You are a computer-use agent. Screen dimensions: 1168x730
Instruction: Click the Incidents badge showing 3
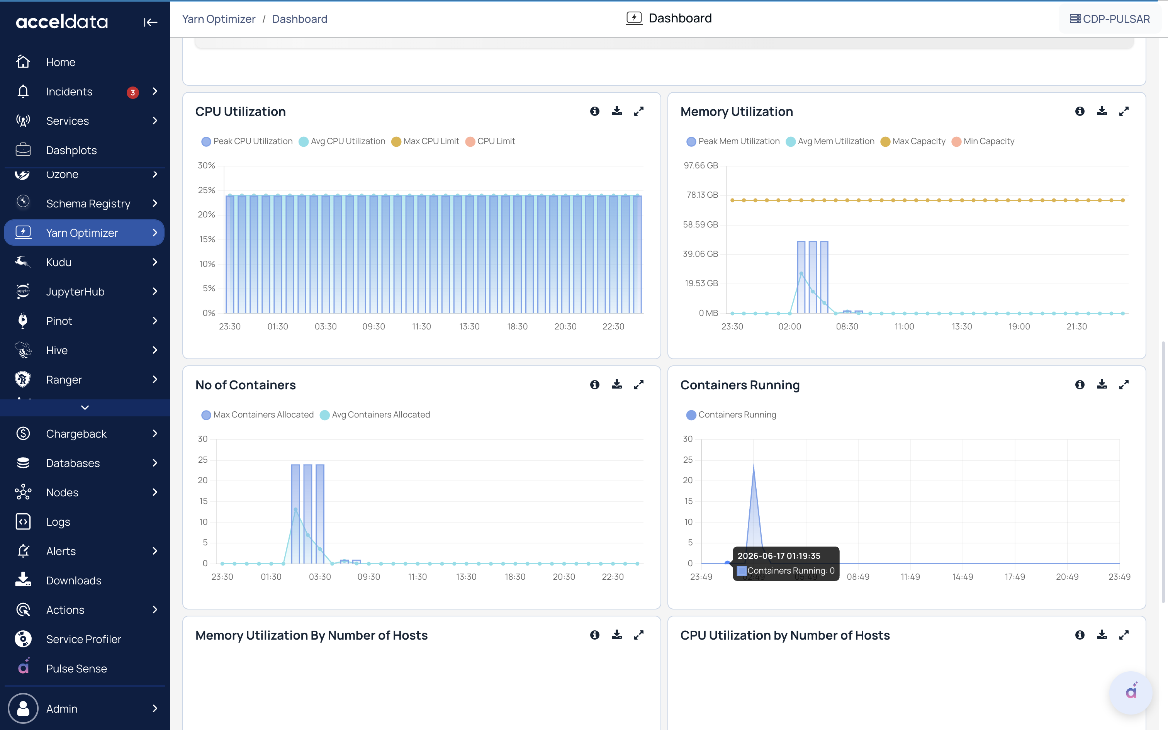pos(133,92)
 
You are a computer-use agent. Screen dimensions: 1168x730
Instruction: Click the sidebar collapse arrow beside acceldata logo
pos(150,22)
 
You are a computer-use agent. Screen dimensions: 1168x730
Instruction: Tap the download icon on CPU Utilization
pos(617,111)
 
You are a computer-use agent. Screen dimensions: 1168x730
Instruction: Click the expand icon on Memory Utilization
pos(1124,111)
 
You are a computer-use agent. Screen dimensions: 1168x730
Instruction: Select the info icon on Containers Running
pos(1080,384)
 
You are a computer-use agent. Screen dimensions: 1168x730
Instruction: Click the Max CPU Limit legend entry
pos(425,141)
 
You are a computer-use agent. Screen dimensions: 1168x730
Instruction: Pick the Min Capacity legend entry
pos(983,141)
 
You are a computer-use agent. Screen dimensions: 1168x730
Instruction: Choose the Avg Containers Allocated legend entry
pos(375,415)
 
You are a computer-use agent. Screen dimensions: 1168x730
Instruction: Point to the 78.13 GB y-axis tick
pos(702,195)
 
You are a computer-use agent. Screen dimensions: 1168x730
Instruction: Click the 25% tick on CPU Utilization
pos(207,190)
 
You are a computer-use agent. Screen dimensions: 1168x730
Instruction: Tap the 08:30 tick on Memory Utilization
pos(847,326)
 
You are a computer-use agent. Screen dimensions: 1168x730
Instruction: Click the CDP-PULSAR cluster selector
pos(1110,19)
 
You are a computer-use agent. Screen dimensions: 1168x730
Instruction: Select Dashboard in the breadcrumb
pos(300,19)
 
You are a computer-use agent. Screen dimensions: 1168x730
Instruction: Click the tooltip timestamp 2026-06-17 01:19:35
pos(779,556)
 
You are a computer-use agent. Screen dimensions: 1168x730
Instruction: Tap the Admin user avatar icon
pos(23,708)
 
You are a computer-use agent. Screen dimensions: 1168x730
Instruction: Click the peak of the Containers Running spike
pos(754,464)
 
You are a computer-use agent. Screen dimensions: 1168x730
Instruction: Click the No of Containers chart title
pos(246,385)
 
